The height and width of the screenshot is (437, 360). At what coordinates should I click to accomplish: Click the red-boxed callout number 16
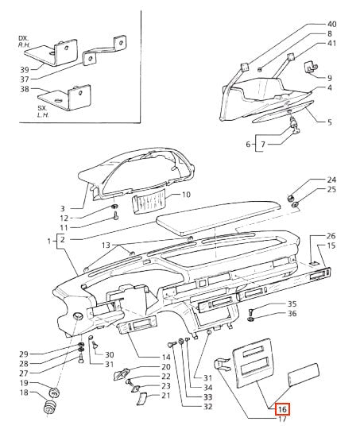[283, 409]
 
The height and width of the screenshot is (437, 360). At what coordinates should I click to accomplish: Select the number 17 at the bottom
[282, 419]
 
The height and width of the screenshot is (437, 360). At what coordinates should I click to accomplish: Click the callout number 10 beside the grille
[186, 194]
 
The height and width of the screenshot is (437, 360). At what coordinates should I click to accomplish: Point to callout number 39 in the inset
[25, 70]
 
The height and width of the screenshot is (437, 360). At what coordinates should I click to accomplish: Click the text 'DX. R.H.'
[25, 41]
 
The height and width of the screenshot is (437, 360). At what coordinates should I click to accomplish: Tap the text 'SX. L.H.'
[43, 111]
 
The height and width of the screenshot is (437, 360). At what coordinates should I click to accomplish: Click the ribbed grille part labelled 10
[149, 200]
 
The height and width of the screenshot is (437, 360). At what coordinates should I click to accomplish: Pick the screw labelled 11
[116, 215]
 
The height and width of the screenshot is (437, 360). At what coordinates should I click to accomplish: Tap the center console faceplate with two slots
[253, 362]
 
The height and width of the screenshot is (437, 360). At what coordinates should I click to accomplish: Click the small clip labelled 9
[312, 68]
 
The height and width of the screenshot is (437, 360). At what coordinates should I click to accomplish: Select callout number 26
[331, 236]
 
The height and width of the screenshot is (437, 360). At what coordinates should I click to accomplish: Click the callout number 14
[166, 357]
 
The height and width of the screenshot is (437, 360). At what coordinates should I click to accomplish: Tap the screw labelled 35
[250, 312]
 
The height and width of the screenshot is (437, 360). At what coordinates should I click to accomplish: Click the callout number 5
[330, 122]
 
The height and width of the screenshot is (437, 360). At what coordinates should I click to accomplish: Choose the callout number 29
[24, 354]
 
